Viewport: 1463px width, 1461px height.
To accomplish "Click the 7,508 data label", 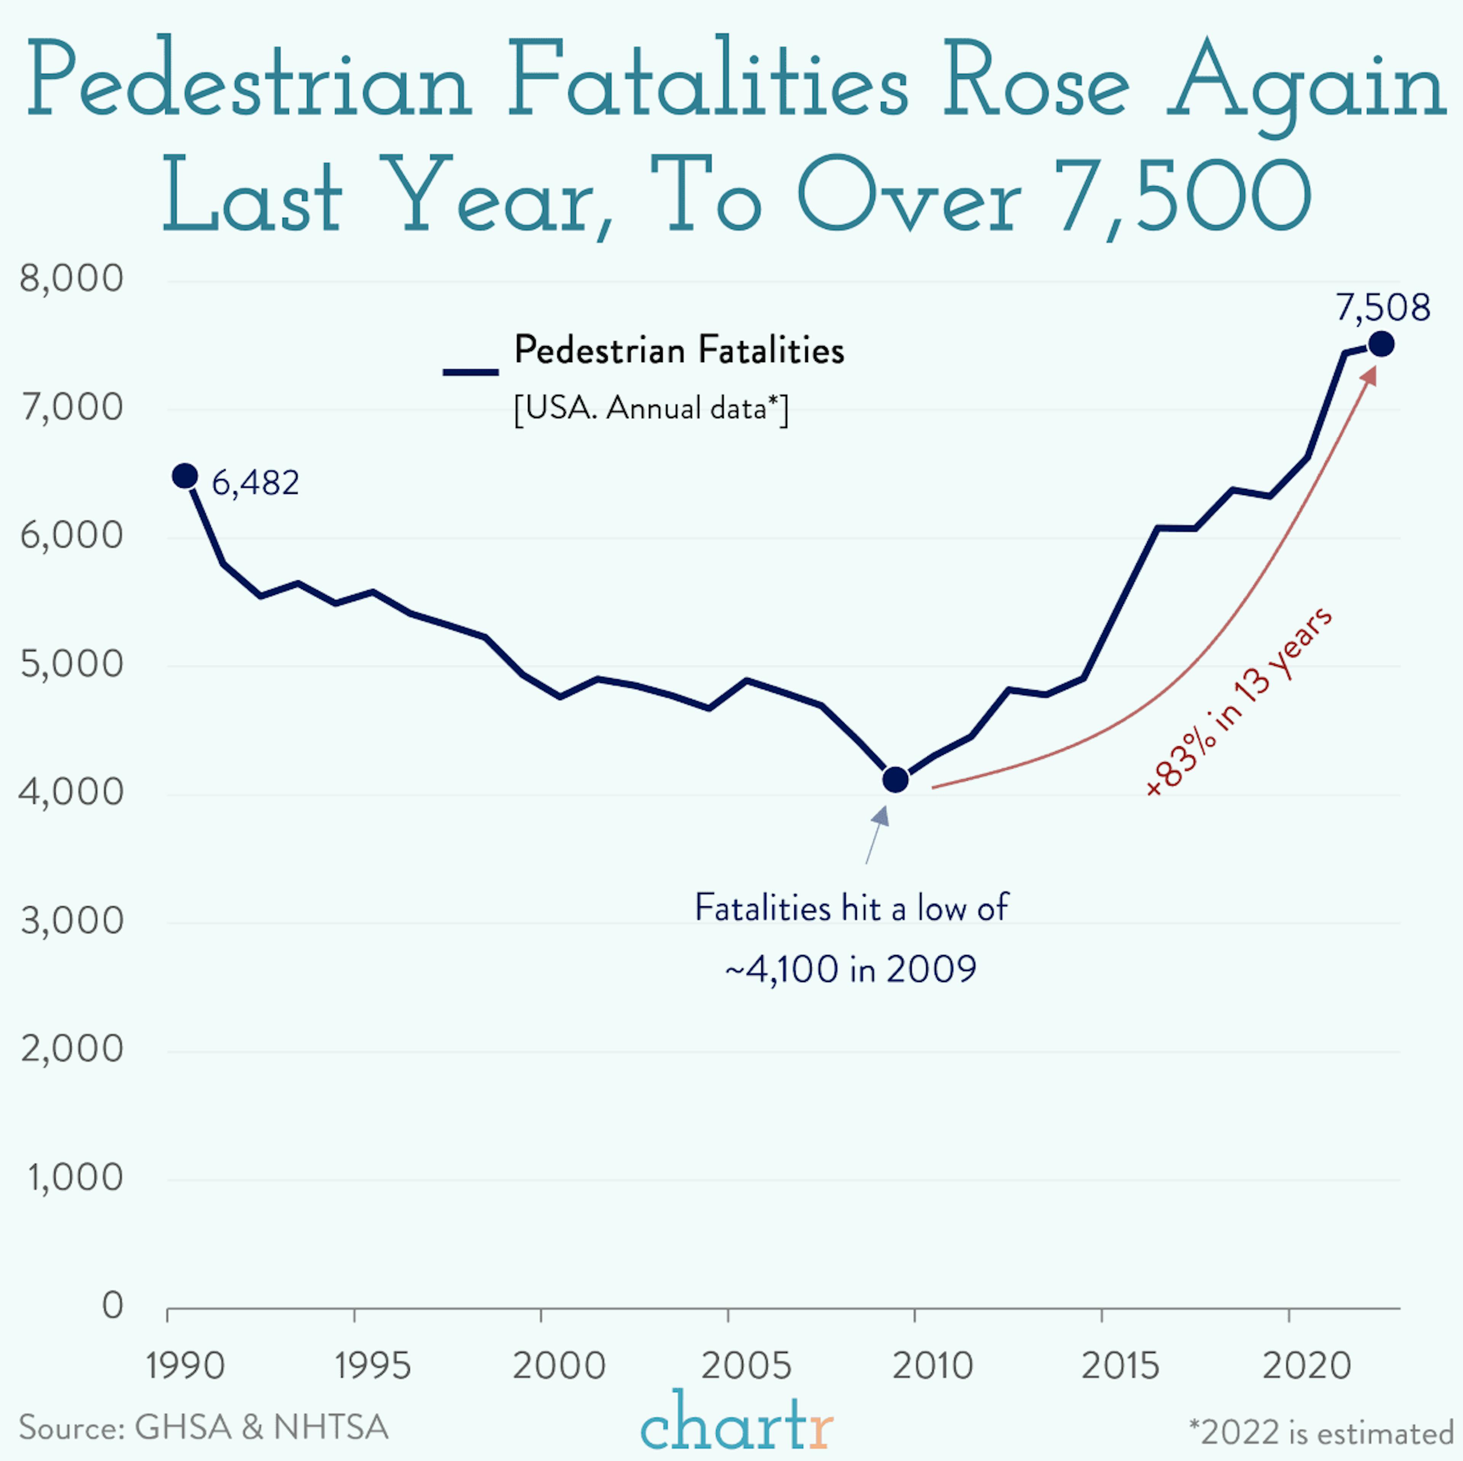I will tap(1382, 307).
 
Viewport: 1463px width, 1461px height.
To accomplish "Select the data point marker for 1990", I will tap(185, 476).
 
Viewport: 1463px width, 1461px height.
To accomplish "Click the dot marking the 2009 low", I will tap(895, 779).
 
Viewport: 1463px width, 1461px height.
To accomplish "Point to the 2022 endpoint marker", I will tap(1381, 345).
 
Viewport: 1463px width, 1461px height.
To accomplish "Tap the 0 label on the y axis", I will tap(112, 1305).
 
